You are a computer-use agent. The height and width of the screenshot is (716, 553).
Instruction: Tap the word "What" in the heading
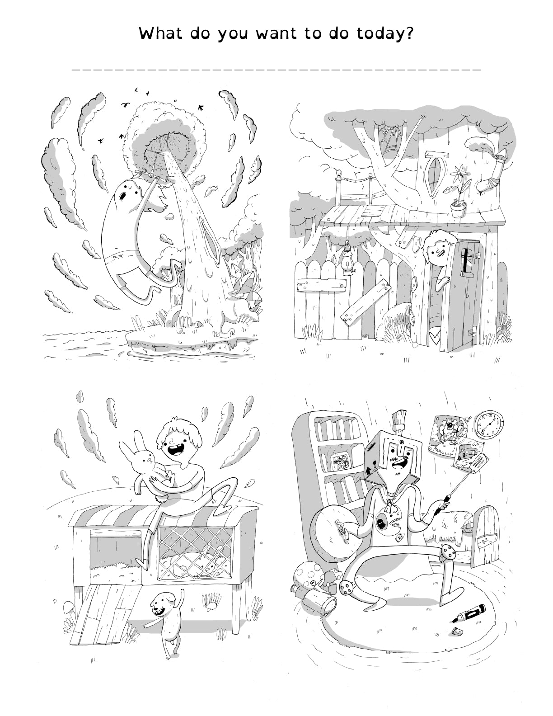(x=160, y=33)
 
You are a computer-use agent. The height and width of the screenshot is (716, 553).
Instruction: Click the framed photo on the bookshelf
(x=340, y=462)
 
